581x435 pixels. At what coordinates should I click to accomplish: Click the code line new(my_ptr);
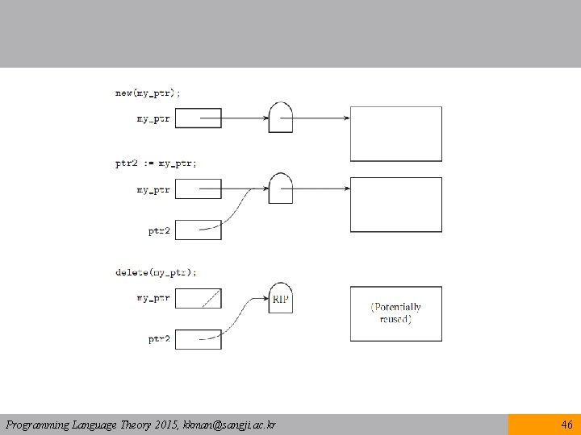coord(148,93)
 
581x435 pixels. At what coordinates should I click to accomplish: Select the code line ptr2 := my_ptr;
coord(156,163)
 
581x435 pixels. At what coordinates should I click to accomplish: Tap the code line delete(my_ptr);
coord(156,272)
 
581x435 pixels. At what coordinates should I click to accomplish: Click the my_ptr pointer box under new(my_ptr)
coord(198,118)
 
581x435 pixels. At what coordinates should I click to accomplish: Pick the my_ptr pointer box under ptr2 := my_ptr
coord(198,189)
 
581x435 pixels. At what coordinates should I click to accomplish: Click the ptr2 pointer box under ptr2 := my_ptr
coord(198,230)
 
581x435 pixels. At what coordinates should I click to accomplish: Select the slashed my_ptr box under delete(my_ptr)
coord(198,298)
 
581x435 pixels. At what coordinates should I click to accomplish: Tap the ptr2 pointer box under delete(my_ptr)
coord(198,339)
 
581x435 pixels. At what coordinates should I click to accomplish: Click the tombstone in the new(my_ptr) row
coord(280,118)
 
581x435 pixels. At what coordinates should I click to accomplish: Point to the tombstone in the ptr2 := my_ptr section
coord(280,188)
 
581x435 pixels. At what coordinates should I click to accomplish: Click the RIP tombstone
coord(280,299)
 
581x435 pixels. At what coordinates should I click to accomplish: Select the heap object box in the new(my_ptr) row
coord(395,134)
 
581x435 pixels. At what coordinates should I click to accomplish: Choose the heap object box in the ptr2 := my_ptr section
coord(395,205)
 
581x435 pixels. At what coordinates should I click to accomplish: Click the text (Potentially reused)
coord(395,313)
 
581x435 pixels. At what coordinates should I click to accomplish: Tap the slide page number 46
coord(566,425)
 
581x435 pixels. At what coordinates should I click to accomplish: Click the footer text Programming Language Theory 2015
coord(92,425)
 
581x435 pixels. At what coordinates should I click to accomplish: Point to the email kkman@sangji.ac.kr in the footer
coord(230,425)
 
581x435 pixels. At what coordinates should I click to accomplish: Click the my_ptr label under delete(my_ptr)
coord(153,298)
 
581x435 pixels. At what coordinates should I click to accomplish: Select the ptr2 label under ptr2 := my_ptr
coord(159,230)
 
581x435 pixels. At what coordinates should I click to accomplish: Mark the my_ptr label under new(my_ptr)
coord(153,119)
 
